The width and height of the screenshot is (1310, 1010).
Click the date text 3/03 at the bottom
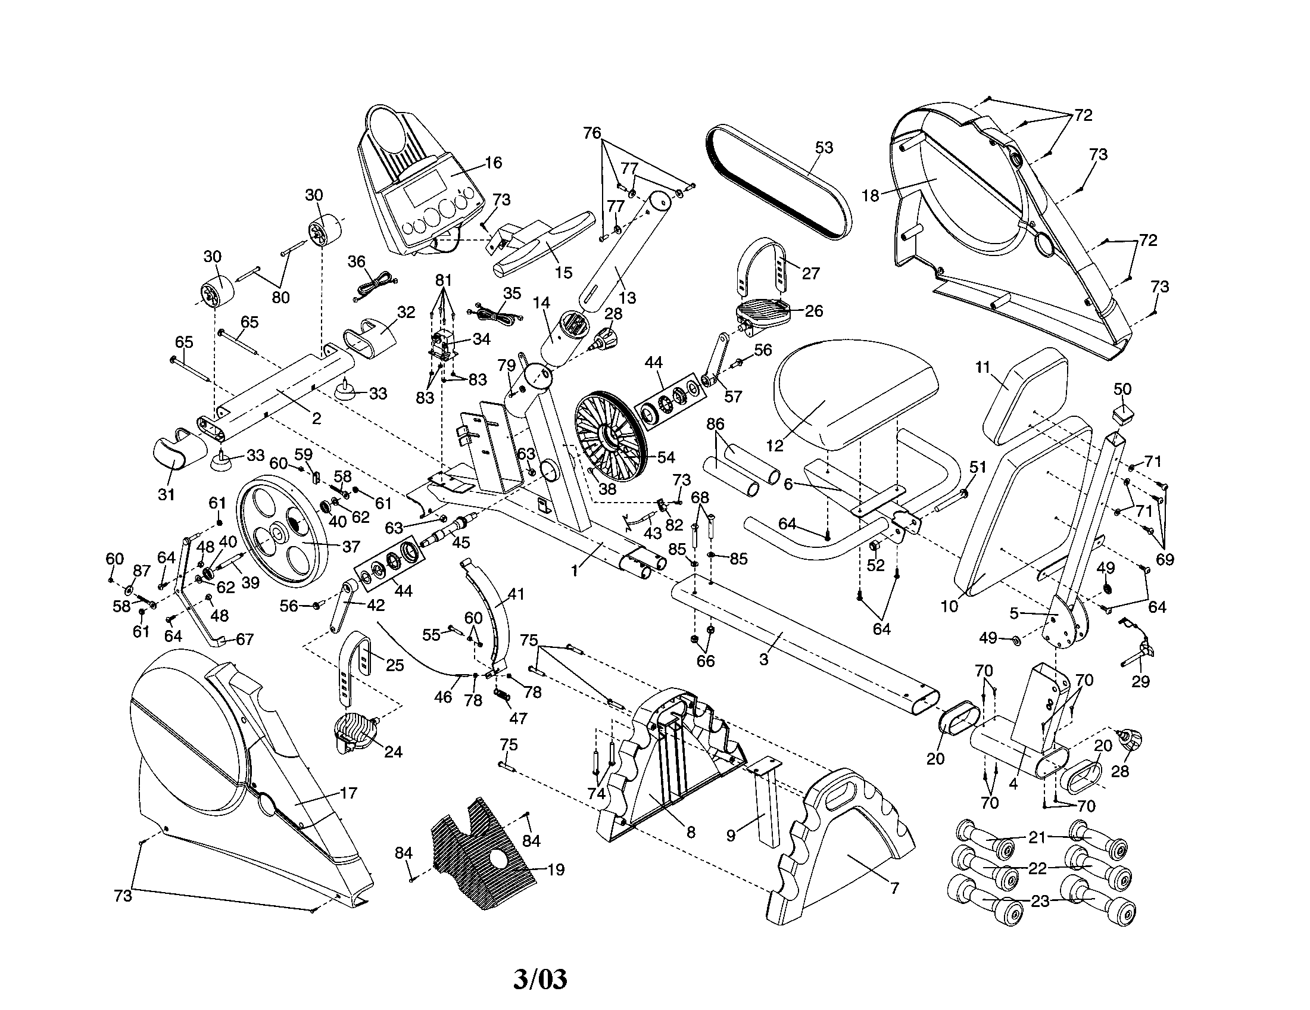540,979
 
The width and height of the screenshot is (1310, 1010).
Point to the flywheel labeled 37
282,531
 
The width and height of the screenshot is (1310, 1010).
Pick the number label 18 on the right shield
870,195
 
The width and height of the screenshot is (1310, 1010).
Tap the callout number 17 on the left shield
348,793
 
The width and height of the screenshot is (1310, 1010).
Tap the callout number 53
824,148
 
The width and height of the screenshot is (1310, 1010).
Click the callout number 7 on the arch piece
894,889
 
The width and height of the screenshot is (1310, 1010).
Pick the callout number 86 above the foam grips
716,425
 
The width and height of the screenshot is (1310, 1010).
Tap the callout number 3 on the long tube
763,660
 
